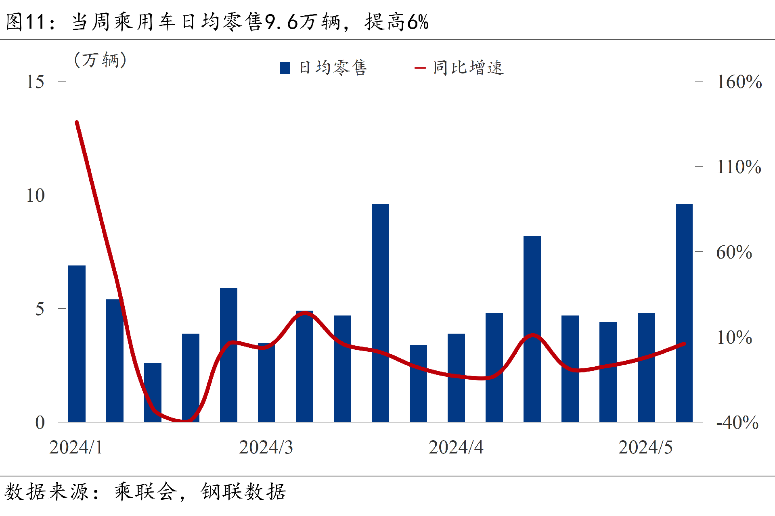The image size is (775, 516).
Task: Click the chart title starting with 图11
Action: (x=217, y=22)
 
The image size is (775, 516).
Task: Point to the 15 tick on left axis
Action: (x=35, y=82)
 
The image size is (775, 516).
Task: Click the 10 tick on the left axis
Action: (x=35, y=196)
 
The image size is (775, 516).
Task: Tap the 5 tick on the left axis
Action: (x=39, y=309)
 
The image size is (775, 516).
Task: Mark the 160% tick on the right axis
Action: (x=739, y=82)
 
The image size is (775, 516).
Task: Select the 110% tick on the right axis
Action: (x=739, y=167)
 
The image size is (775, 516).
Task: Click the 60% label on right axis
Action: (x=734, y=253)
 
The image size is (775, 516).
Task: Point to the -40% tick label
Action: (x=737, y=423)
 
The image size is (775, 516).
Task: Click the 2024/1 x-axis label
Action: (x=76, y=447)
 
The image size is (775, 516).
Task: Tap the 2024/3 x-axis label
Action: (x=266, y=447)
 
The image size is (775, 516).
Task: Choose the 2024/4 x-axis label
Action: (x=456, y=447)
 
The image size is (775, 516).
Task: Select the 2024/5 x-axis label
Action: (x=645, y=447)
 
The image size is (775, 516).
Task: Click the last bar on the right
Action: (x=684, y=313)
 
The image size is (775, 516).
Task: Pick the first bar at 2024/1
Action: (x=77, y=344)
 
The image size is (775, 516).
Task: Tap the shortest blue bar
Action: (x=153, y=393)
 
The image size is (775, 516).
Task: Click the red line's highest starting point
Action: (x=77, y=122)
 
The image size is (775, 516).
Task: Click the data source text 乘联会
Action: (x=145, y=492)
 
